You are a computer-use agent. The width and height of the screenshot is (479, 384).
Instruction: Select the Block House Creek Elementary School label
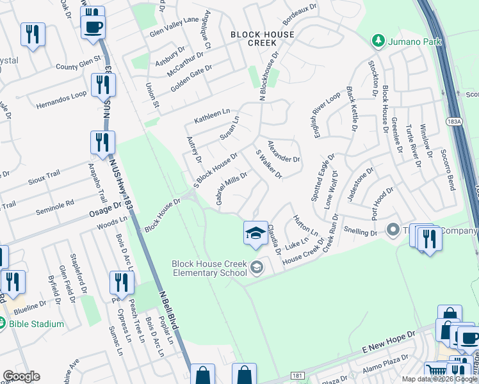[209, 268]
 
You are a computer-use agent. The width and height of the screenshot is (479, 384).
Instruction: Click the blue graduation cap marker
[255, 234]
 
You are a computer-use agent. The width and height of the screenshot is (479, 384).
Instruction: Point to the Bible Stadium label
[37, 324]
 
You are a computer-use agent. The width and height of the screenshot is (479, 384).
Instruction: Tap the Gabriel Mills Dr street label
[231, 189]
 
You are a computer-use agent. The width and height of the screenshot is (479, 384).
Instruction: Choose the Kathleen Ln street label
[211, 116]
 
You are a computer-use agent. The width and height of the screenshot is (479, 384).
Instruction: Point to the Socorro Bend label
[446, 170]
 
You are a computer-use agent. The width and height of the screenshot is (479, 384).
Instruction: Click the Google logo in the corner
[21, 376]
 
